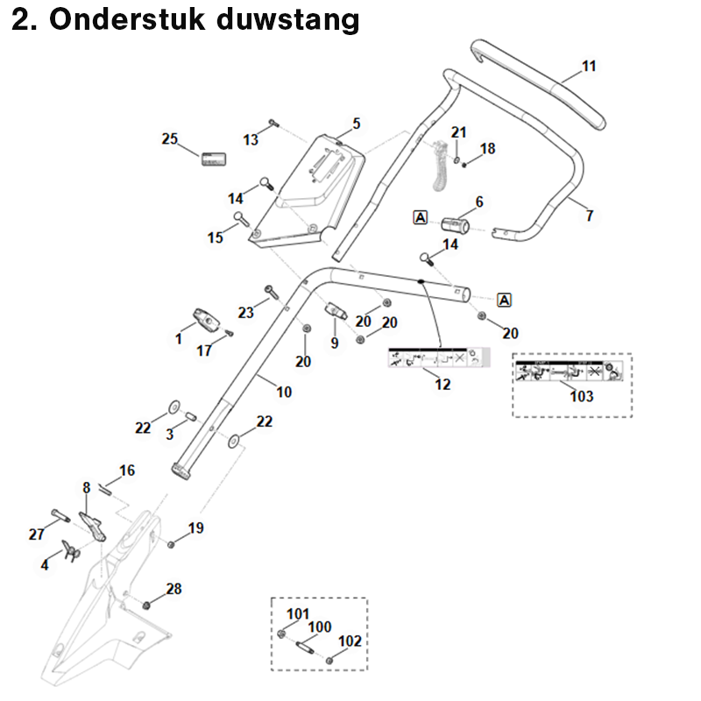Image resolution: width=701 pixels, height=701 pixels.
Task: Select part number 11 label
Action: click(x=589, y=66)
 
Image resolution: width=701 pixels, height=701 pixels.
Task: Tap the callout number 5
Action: click(x=357, y=124)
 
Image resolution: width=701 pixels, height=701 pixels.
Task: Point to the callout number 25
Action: click(x=170, y=138)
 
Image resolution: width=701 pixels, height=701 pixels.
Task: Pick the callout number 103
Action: click(x=581, y=396)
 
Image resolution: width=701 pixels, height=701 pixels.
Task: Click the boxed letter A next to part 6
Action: click(x=421, y=216)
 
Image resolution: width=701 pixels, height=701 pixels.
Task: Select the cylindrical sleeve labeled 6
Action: click(x=455, y=224)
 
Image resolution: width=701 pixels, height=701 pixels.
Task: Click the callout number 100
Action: click(x=320, y=627)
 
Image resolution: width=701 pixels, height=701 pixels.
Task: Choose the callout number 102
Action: click(x=350, y=641)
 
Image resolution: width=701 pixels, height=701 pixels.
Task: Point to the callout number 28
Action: click(x=174, y=589)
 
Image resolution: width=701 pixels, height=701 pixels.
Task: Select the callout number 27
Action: click(x=36, y=534)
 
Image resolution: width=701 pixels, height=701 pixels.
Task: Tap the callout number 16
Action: click(x=127, y=471)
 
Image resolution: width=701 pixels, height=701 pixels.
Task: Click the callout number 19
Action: click(x=195, y=528)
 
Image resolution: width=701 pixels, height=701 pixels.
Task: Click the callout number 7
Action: click(x=589, y=215)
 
